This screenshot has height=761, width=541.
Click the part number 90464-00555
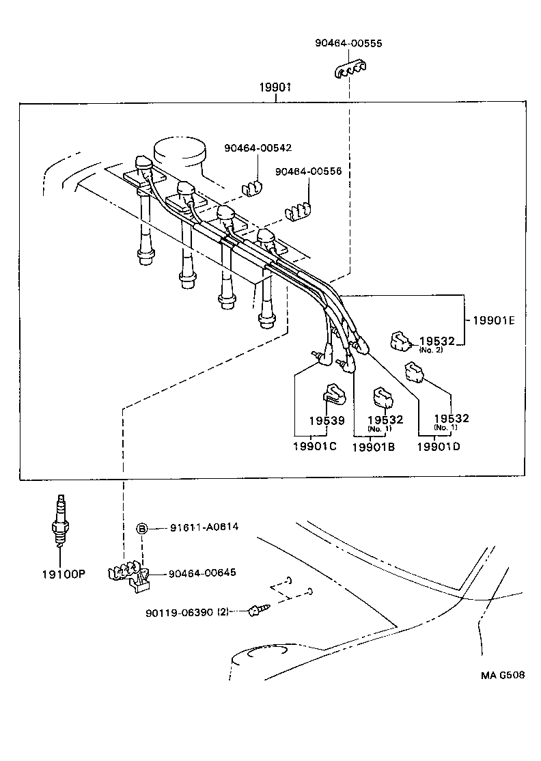348,43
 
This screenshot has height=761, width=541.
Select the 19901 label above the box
275,87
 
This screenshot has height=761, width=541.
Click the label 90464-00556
308,171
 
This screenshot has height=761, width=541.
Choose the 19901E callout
494,320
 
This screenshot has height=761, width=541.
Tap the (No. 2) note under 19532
431,350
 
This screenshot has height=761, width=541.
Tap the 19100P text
62,574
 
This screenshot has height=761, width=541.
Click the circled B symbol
142,528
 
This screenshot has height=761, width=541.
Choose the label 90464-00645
203,572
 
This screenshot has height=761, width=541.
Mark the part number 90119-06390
179,612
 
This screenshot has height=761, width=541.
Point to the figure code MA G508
502,675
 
